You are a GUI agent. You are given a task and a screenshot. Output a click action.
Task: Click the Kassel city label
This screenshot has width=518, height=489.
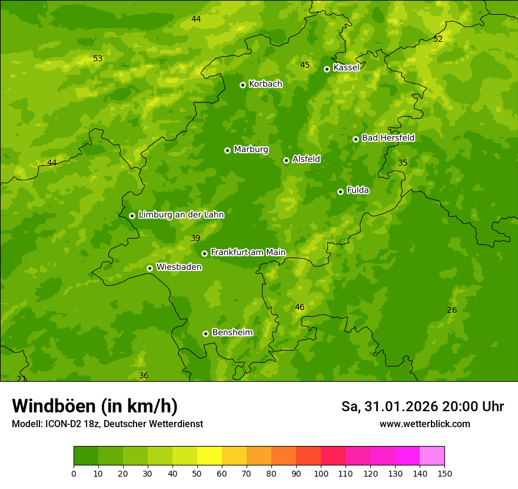346,68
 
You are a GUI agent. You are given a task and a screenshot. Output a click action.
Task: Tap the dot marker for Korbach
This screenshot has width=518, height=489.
243,85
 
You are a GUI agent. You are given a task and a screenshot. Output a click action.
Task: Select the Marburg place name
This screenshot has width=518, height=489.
251,150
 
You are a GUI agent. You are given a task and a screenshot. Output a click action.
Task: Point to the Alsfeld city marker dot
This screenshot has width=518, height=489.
286,160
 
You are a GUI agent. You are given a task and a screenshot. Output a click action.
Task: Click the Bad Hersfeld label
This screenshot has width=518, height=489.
388,138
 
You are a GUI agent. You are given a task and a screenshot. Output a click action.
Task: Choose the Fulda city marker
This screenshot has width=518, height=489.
340,191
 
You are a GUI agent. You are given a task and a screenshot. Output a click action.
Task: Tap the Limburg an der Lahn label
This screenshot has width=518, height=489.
181,215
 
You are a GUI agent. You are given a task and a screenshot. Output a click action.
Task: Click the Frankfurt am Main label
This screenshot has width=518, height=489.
248,252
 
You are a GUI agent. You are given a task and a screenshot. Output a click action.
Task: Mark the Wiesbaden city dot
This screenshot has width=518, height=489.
150,268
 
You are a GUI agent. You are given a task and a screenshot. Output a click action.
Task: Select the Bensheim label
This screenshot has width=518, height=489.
232,332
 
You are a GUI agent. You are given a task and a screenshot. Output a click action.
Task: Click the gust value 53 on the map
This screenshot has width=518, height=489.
98,58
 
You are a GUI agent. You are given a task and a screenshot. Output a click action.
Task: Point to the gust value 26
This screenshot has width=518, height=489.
451,310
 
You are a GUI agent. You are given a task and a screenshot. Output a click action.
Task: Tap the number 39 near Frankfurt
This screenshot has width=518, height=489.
195,238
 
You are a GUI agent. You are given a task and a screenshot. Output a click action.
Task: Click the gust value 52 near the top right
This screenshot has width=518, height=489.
437,39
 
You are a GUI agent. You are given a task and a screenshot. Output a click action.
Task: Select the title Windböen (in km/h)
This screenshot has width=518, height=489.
95,406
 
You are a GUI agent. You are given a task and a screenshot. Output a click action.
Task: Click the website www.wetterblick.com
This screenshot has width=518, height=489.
424,424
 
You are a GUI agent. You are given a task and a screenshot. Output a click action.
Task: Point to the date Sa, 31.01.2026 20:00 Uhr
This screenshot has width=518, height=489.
422,407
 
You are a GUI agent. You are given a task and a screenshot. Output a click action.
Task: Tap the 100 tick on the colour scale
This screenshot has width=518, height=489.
321,473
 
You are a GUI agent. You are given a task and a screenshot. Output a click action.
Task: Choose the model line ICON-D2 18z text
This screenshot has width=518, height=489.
107,424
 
